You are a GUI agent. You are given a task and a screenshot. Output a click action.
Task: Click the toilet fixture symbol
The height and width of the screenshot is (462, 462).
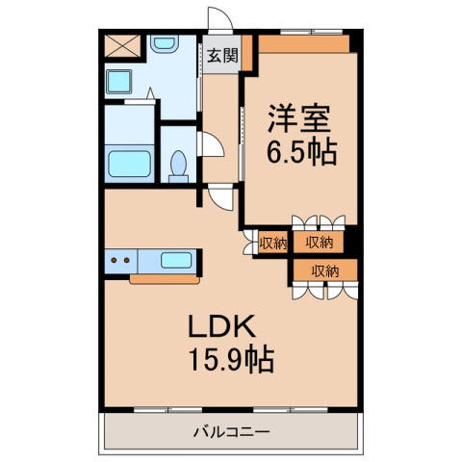[x=177, y=166]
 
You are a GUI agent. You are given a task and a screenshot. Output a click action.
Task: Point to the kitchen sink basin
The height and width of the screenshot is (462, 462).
[x=176, y=260]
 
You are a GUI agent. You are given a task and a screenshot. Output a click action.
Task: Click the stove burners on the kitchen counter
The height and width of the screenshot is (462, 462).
[x=121, y=260]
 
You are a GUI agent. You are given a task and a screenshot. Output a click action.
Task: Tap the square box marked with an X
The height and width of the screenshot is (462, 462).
[x=121, y=45]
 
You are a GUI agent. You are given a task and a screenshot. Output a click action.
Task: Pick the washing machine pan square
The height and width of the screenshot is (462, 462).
[x=121, y=82]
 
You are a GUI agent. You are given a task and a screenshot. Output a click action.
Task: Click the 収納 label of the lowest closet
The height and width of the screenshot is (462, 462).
[x=324, y=270]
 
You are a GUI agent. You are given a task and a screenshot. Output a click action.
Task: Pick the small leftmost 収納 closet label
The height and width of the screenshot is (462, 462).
[x=272, y=243]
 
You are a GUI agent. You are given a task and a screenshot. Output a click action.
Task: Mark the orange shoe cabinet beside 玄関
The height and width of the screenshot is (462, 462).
[x=246, y=53]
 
